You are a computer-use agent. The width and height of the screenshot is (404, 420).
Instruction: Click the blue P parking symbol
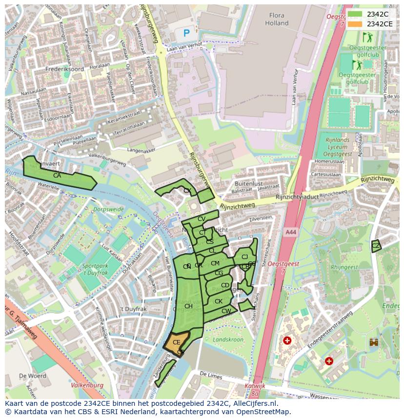tap(186, 33)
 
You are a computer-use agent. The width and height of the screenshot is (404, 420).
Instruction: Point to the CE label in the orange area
tap(177, 342)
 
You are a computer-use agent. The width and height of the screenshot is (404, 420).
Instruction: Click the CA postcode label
tap(57, 176)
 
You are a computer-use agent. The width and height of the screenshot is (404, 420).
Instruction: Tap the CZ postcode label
tap(376, 246)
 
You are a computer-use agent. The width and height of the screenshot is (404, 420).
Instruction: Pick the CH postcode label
tap(188, 306)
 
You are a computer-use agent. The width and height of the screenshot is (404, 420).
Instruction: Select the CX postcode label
tap(187, 191)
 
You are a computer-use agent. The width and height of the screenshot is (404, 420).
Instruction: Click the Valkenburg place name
tap(88, 385)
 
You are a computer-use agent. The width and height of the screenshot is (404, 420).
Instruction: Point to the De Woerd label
tap(33, 376)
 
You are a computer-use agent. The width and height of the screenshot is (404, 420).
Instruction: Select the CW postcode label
tap(226, 311)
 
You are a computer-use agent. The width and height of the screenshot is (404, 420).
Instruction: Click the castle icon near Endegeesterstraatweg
tap(374, 342)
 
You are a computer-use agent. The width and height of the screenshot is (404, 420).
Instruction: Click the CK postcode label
tap(219, 301)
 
